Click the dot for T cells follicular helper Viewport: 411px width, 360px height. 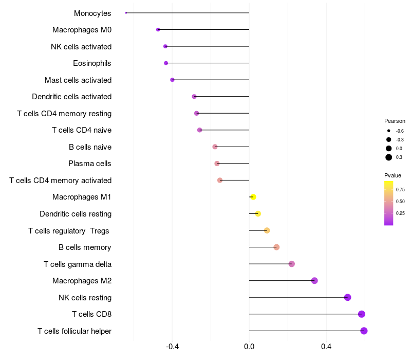[364, 331]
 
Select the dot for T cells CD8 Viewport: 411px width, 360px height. [362, 314]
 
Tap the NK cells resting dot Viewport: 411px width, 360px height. [347, 297]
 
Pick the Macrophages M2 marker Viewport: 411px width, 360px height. [314, 281]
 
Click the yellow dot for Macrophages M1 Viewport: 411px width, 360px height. [253, 197]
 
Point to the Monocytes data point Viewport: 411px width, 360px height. [126, 13]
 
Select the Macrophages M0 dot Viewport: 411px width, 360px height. [158, 30]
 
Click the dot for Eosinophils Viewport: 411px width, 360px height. [166, 63]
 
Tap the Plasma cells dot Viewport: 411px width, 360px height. [217, 164]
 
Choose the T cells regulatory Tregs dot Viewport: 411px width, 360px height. [267, 230]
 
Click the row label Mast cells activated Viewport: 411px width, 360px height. [78, 80]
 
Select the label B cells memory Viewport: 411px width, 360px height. [85, 247]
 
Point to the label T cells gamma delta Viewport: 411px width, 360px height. [78, 264]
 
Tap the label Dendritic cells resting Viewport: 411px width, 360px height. [76, 214]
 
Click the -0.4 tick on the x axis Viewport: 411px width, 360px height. [172, 347]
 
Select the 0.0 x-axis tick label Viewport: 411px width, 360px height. [249, 347]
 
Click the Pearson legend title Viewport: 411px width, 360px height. [395, 121]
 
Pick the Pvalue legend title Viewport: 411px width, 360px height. [393, 175]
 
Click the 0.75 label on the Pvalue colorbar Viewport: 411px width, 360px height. [400, 189]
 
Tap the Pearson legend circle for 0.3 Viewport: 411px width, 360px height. [389, 157]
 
